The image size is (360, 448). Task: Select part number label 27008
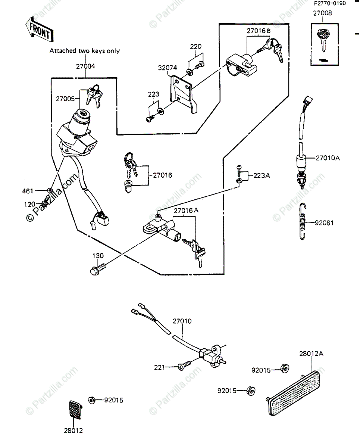[322, 13]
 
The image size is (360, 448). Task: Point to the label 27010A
[328, 158]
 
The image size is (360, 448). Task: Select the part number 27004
[85, 66]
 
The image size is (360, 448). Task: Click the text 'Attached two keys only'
[85, 51]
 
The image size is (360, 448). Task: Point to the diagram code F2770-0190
[329, 4]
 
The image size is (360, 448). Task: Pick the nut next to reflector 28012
[91, 399]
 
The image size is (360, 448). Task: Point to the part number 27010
[182, 321]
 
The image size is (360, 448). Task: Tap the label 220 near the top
[195, 47]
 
